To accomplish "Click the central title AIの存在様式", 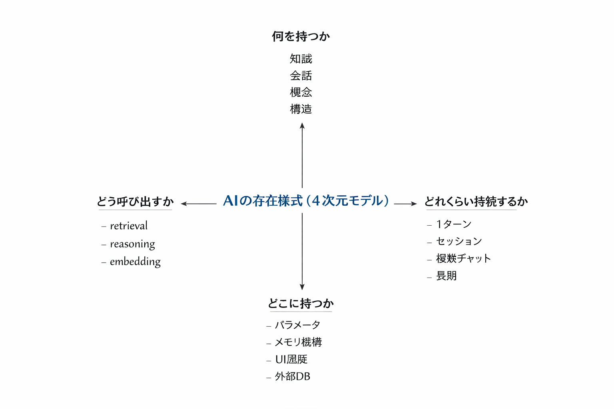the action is coord(306,201).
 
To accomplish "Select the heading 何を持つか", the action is coord(301,36).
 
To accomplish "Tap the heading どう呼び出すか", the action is coord(135,201).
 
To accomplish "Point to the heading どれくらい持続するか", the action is coord(476,201).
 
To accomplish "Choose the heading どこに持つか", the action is coord(301,304).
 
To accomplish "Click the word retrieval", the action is coord(129,226).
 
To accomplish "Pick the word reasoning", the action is coord(132,244).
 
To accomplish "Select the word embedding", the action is coord(135,262).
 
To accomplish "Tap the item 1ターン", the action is coord(454,224).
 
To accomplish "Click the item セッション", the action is coord(459,241).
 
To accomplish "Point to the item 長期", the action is coord(446,276).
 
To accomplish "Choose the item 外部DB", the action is coord(292,377).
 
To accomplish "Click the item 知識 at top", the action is coord(301,59).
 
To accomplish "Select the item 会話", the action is coord(301,76).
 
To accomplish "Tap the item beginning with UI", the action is coord(291,359).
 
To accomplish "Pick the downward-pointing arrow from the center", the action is coord(302,252).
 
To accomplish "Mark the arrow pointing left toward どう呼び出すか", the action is coord(199,204).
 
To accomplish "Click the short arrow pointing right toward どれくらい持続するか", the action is coord(405,204).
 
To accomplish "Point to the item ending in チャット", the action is coord(463,258).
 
